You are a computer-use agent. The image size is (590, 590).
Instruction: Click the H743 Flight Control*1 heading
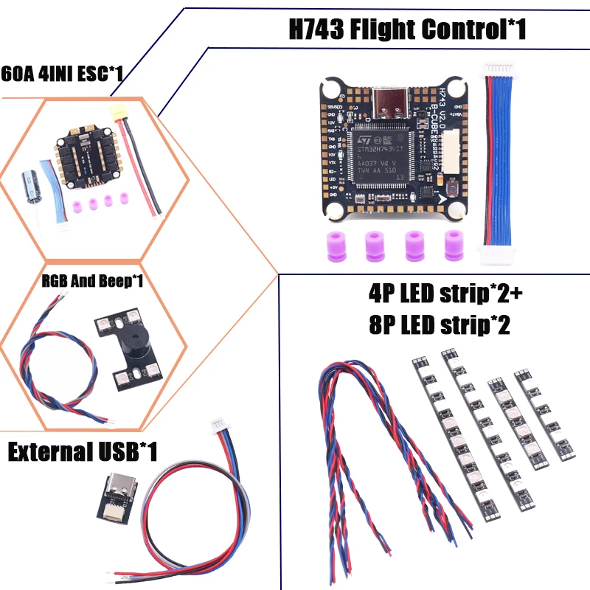(x=406, y=30)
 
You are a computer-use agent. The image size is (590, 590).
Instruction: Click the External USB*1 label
(x=83, y=451)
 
